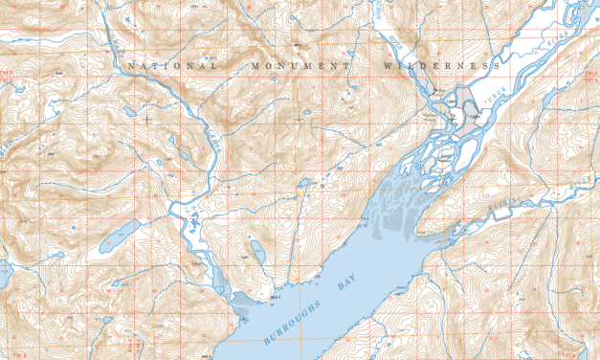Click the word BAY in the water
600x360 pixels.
coord(347,281)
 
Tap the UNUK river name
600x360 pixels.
coord(491,93)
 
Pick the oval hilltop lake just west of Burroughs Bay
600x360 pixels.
coord(256,251)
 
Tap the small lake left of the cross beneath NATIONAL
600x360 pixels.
coord(131,112)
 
